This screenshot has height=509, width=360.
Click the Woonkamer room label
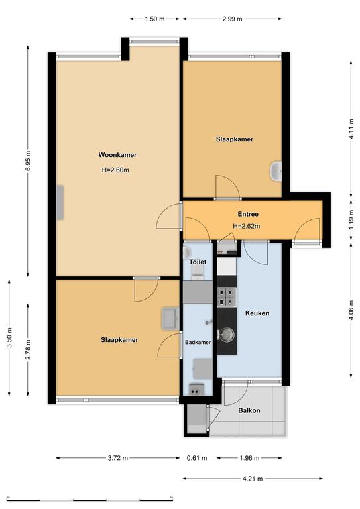[x=117, y=155]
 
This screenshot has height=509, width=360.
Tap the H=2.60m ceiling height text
[x=115, y=170]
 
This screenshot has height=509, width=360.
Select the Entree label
[x=248, y=214]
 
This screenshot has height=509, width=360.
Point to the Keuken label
[x=257, y=313]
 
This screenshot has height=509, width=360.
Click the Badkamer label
[x=198, y=342]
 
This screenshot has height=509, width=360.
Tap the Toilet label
[x=198, y=262]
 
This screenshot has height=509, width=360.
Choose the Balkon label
[x=249, y=410]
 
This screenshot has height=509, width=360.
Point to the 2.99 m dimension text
[x=232, y=19]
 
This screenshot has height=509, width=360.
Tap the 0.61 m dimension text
[x=197, y=458]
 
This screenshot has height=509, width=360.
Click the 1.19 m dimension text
[x=351, y=221]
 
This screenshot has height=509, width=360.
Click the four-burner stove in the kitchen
[x=227, y=297]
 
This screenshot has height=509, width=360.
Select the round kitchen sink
[x=226, y=334]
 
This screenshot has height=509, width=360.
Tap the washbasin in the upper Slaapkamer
[x=276, y=172]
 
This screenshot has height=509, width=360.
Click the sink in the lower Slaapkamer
[x=170, y=318]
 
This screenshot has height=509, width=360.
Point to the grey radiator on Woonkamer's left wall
[x=60, y=202]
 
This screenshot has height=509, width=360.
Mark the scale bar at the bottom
[x=90, y=499]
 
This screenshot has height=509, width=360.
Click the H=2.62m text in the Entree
[x=247, y=226]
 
